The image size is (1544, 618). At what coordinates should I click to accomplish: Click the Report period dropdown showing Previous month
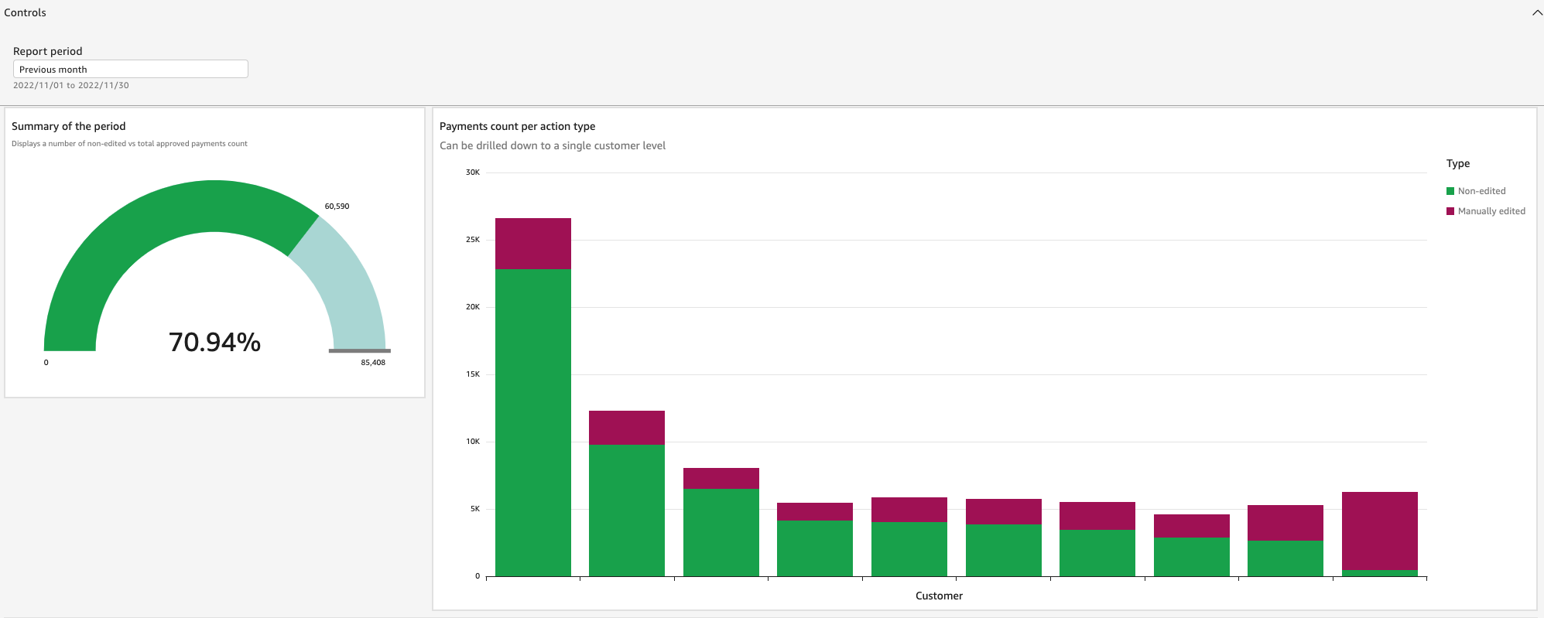click(130, 69)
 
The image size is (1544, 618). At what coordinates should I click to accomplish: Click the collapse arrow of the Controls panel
click(1537, 12)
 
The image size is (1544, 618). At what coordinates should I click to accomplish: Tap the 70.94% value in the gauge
click(214, 342)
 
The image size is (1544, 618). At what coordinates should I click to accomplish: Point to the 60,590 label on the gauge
click(337, 207)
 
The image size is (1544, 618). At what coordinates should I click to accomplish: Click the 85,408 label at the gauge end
click(372, 363)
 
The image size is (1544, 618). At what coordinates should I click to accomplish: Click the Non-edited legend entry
click(1481, 191)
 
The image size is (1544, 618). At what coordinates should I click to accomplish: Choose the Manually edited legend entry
click(1491, 211)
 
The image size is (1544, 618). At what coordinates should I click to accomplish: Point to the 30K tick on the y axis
click(472, 172)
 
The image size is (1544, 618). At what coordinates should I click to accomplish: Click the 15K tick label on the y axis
click(472, 374)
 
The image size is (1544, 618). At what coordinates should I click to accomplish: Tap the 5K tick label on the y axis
click(474, 509)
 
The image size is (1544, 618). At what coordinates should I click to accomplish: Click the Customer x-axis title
click(939, 596)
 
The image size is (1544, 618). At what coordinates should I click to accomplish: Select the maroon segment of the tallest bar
click(532, 244)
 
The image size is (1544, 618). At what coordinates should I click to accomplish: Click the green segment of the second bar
click(626, 510)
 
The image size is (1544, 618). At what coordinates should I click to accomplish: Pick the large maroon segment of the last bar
click(1379, 531)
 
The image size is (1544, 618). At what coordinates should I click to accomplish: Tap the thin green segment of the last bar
click(1379, 573)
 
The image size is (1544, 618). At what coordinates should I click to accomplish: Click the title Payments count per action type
click(517, 126)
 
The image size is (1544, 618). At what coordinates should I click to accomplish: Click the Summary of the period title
click(68, 126)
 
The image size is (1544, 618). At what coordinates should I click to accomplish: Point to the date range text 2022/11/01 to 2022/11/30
click(71, 86)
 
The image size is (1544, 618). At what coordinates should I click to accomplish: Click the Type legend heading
click(1457, 163)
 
